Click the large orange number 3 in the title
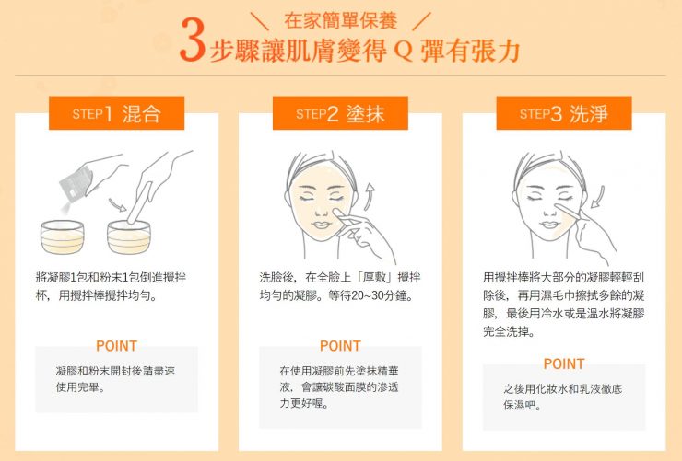point(192,43)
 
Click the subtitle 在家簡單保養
point(330,18)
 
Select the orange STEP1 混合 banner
point(116,114)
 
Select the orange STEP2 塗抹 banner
point(339,114)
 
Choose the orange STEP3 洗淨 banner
point(563,114)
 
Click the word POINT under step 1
point(116,346)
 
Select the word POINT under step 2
point(339,346)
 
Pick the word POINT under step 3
point(563,363)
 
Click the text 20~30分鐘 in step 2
point(367,296)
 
